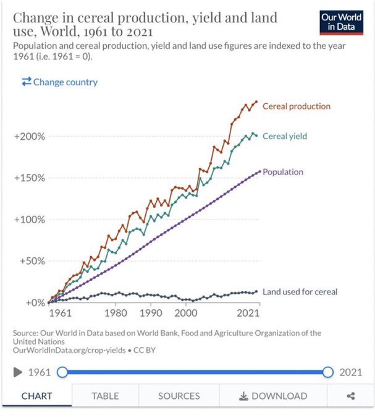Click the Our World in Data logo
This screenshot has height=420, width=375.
coord(342,23)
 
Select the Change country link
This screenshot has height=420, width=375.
coord(59,82)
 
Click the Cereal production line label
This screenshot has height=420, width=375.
coord(296,106)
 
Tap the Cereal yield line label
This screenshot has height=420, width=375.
coord(284,136)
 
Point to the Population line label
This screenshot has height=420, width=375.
coord(283,172)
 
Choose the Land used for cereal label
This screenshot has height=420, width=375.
coord(300,291)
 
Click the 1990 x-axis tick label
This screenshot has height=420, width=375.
coord(151,313)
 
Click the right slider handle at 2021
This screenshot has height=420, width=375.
coord(328,372)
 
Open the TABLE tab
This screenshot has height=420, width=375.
coord(105,396)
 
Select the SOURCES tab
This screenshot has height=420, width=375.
coord(179,396)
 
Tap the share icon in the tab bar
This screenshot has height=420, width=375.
coord(351,396)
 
